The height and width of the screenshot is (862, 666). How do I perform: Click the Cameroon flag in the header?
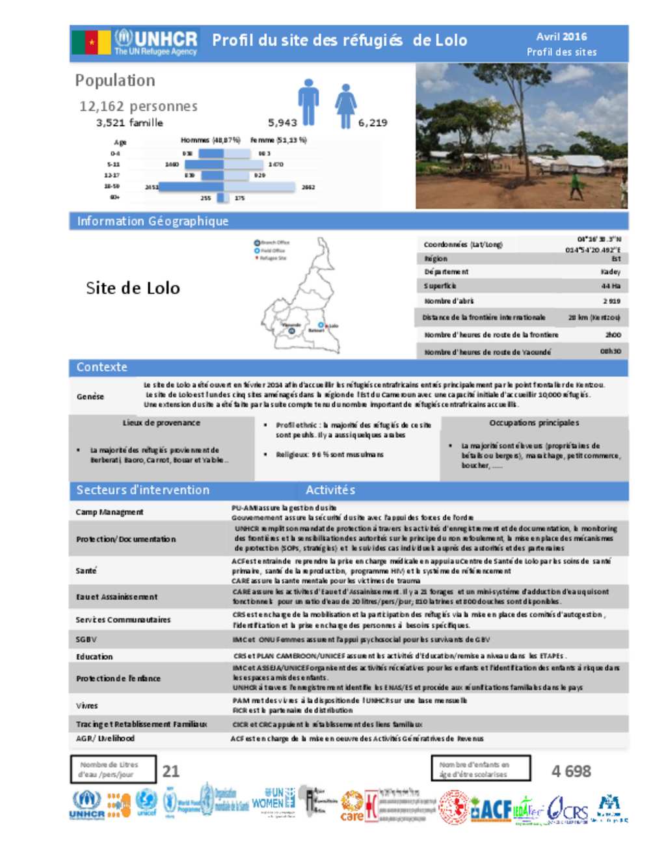[91, 42]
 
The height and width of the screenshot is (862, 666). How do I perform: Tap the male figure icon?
[308, 102]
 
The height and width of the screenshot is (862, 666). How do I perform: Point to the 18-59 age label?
[112, 186]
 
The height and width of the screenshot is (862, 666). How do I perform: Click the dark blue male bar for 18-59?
[191, 187]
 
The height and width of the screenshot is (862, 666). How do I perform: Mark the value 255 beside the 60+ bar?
[206, 198]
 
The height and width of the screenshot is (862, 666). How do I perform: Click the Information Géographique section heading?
[153, 221]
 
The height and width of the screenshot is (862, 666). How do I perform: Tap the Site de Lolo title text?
[133, 288]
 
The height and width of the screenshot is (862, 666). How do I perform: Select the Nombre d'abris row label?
[449, 301]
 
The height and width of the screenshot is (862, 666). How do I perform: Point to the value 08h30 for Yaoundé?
[610, 351]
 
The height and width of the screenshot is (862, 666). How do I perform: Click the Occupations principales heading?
[534, 423]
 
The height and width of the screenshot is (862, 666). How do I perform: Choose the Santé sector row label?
[86, 571]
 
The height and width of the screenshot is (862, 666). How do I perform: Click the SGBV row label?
[86, 640]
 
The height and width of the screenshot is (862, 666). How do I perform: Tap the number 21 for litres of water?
[171, 771]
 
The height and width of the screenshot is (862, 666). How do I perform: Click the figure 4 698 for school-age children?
[571, 772]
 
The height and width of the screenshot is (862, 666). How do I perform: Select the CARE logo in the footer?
[352, 807]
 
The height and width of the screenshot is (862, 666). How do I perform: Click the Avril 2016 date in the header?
[561, 37]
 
